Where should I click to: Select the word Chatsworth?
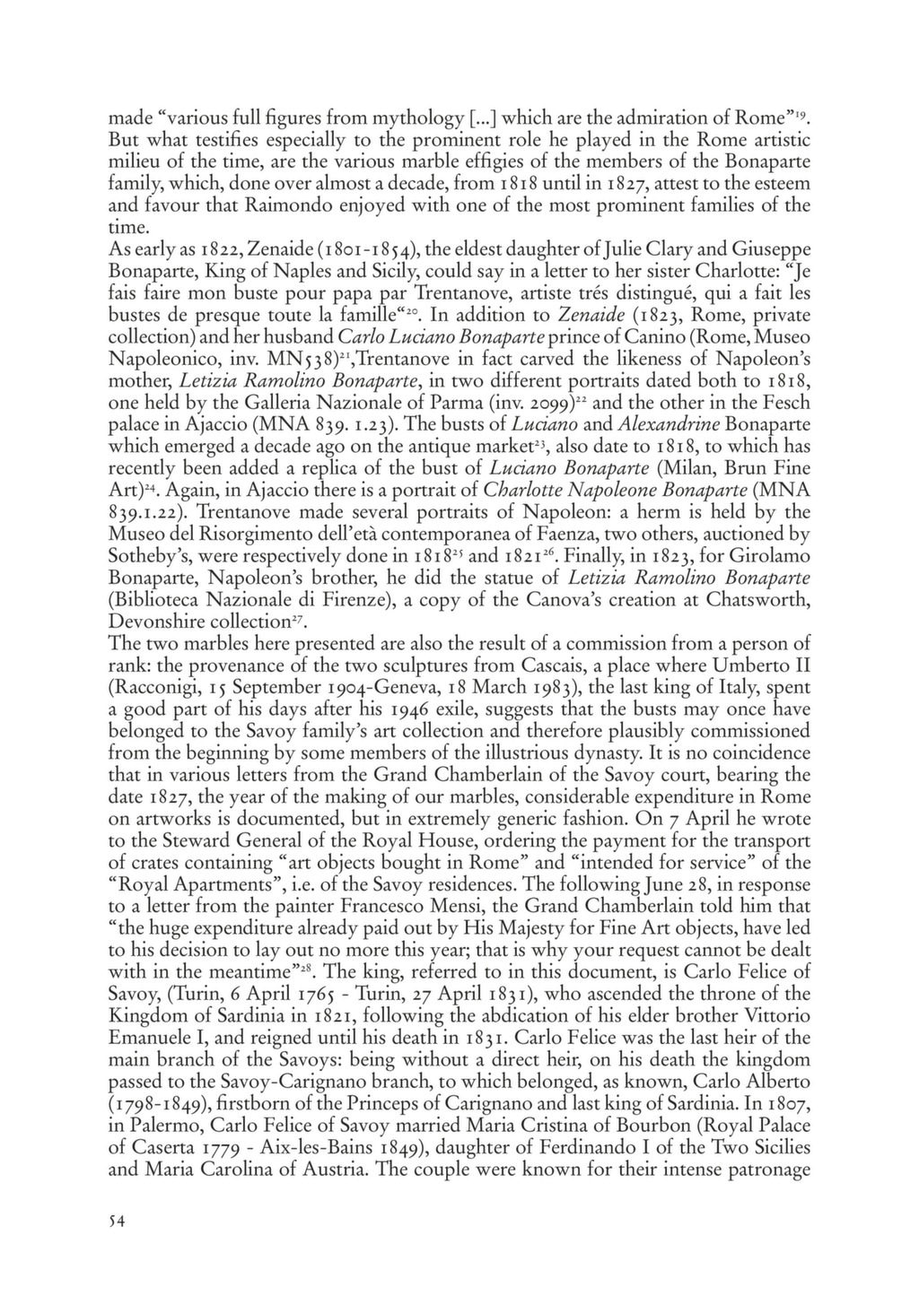pyautogui.click(x=767, y=599)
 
